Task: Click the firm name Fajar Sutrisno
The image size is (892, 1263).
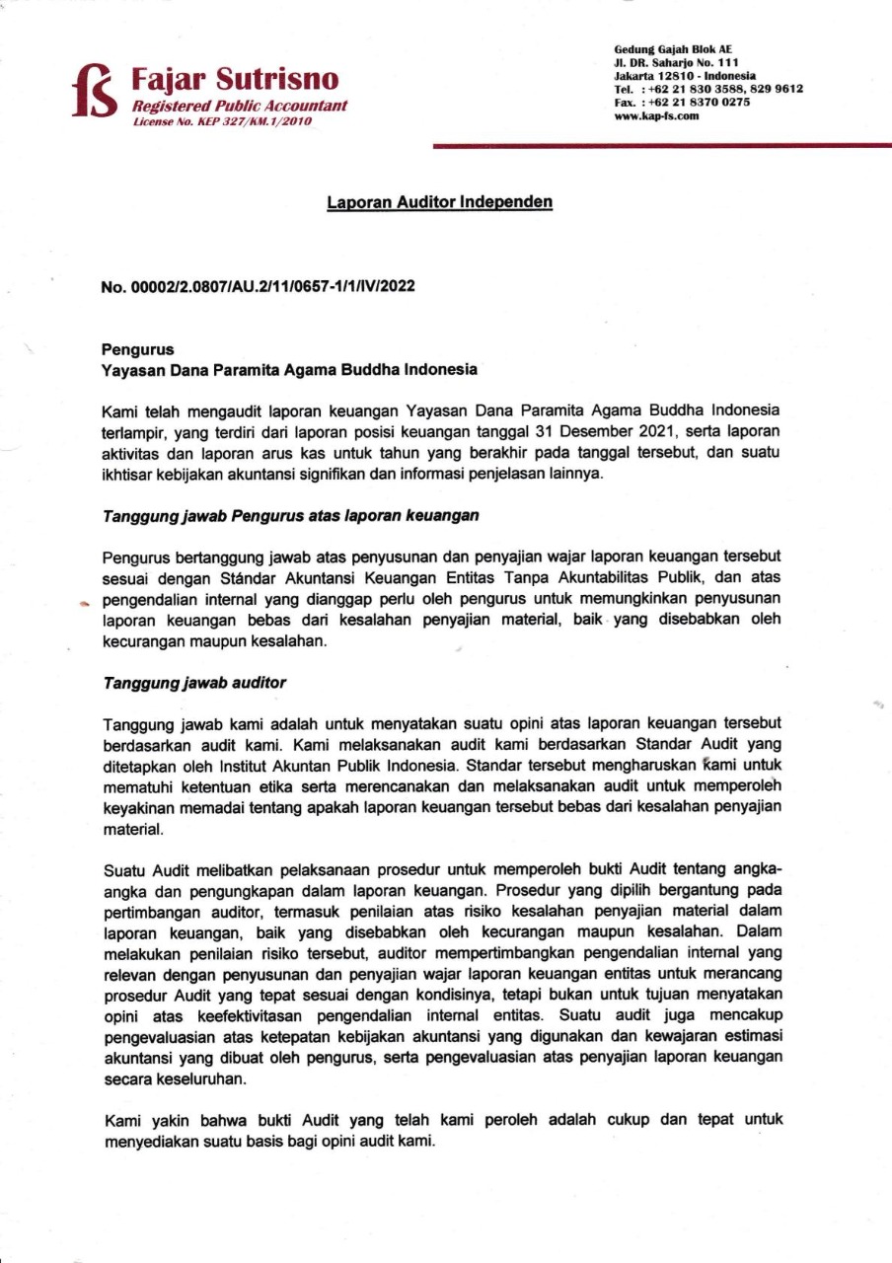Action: (235, 79)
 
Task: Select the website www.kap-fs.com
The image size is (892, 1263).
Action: (656, 115)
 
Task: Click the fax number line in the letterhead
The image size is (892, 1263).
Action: (682, 102)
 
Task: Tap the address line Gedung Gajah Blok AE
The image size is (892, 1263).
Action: (673, 49)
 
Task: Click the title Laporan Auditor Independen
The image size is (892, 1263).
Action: (439, 202)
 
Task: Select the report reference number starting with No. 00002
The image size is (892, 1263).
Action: (259, 287)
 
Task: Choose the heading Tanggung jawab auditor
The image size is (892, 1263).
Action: (194, 682)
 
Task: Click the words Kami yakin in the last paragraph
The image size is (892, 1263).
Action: (138, 1123)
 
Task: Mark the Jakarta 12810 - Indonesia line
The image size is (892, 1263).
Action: (685, 76)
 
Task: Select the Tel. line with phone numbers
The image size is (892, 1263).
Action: (707, 89)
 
